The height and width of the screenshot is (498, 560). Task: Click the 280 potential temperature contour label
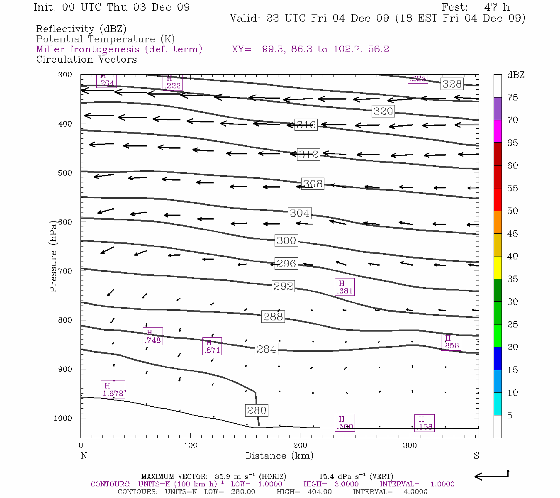coord(257,410)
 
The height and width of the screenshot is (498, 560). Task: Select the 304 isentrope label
coord(299,213)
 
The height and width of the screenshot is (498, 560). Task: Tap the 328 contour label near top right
coord(452,84)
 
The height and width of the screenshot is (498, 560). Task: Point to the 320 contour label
coord(383,111)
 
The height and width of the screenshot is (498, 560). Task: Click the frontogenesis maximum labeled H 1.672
coord(113,390)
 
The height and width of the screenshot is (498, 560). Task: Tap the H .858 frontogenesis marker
coord(451,342)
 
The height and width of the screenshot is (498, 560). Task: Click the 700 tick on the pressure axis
coord(65,271)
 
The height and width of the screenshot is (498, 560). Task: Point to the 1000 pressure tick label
coord(63,418)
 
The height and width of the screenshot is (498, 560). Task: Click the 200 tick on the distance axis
coord(300,446)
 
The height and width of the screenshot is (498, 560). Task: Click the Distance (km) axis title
coord(279,456)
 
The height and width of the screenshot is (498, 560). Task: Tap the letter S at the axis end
coord(476,456)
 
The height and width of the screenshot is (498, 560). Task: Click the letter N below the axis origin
coord(84,456)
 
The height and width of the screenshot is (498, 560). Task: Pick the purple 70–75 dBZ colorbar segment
coord(497,109)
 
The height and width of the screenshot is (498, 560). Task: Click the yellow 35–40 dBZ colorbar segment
coord(497,268)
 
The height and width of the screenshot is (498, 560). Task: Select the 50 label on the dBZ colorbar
coord(512,211)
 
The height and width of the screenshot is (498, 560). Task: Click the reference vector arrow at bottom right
coord(491,476)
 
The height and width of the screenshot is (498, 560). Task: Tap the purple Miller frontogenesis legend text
coord(119,49)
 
